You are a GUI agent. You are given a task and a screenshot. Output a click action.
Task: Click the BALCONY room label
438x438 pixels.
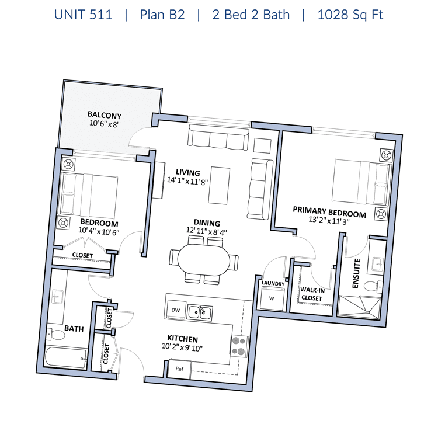point(105,115)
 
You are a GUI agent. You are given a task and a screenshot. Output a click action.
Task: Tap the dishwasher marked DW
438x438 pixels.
point(175,310)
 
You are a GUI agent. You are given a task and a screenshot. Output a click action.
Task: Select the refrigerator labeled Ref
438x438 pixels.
point(180,369)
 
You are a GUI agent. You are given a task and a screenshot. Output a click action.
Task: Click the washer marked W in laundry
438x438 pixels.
point(272,298)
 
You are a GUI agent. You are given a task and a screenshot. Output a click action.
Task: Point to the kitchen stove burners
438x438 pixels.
point(239,346)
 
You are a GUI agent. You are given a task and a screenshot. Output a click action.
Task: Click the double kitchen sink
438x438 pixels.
point(200,312)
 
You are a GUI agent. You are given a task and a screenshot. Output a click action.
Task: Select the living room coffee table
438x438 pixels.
point(219,186)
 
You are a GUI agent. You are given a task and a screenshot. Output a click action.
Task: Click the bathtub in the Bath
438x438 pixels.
point(66,357)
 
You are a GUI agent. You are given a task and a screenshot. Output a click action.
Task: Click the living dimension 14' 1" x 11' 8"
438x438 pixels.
point(187,181)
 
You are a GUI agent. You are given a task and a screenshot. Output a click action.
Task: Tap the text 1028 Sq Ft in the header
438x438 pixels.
point(350,15)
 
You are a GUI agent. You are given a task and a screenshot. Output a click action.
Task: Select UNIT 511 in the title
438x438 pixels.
point(83,15)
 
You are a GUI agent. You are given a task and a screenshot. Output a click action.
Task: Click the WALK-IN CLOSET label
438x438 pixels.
point(312,294)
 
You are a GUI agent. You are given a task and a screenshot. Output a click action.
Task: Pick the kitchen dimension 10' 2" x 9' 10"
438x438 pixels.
point(182,347)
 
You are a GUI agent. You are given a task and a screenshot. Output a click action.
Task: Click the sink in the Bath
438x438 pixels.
point(58,297)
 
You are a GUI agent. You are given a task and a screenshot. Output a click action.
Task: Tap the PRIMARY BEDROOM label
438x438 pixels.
point(329,212)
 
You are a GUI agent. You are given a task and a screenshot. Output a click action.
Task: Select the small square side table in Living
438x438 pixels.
point(262,145)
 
